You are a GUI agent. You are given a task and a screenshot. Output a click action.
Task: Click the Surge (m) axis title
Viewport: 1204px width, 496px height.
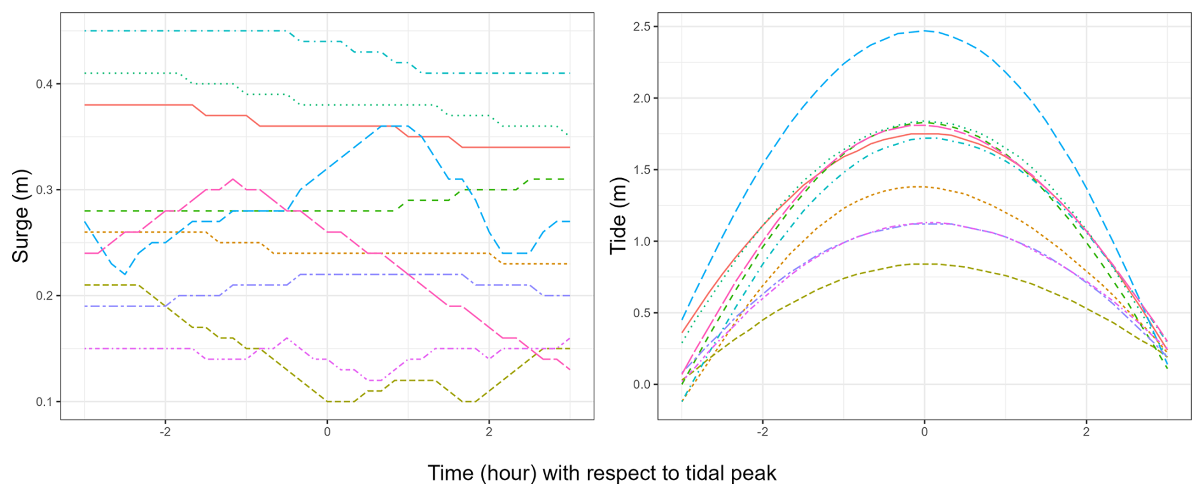(21, 216)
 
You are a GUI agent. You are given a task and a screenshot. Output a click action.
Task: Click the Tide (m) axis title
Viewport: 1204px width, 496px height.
(618, 216)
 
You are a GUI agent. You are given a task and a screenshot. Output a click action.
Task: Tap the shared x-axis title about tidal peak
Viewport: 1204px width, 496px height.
(601, 473)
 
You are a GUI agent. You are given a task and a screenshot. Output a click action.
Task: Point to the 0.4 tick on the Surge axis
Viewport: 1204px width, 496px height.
(44, 84)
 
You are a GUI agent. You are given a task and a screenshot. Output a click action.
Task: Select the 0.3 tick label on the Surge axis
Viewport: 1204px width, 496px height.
(44, 190)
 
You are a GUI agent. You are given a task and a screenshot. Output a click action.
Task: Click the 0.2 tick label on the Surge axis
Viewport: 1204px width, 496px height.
(44, 296)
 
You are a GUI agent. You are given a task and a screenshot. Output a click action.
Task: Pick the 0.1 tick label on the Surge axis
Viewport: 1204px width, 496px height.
(44, 402)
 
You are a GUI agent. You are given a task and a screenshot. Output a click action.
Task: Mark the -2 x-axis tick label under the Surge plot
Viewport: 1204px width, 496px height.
(164, 432)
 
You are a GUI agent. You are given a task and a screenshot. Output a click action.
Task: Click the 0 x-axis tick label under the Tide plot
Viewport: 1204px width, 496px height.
(924, 432)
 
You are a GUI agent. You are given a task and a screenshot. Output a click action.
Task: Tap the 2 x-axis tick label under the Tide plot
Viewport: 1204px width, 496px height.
(1086, 432)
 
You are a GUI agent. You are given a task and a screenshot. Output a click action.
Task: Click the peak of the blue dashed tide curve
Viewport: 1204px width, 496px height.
(924, 31)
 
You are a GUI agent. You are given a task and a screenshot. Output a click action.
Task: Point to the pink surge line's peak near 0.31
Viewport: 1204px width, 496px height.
(233, 179)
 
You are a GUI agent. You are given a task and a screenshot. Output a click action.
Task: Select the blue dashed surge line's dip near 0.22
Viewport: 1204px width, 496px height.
(125, 274)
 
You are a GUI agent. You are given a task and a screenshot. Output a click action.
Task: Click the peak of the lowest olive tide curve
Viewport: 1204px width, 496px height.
(924, 263)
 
